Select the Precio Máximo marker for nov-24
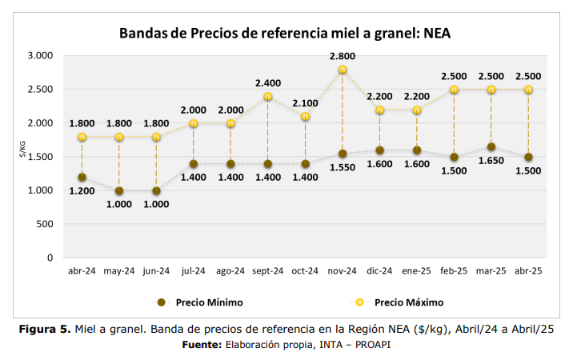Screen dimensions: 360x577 coord(343,70)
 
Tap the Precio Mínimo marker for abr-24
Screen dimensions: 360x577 coord(82,177)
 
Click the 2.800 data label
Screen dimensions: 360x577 coord(343,56)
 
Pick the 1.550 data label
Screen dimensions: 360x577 coord(343,169)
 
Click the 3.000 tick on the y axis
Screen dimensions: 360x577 coord(39,56)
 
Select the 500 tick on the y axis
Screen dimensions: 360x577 coord(45,225)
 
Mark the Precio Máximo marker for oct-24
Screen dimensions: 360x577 coord(305,117)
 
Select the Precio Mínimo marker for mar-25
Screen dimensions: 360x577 coord(491,147)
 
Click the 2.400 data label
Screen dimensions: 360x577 coord(268,83)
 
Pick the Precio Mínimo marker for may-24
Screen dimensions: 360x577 coord(118,190)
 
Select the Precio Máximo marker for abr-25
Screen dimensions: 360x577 coord(528,90)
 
